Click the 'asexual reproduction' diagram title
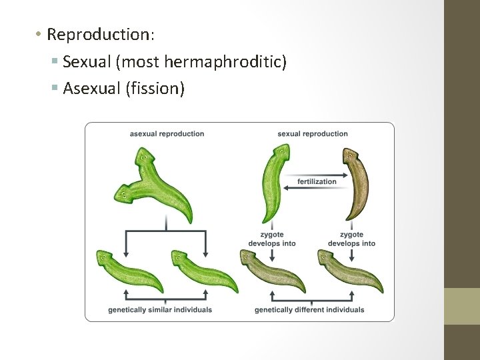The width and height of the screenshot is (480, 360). tap(167, 134)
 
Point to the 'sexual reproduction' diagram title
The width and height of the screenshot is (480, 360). tap(313, 134)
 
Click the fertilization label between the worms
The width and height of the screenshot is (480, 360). tap(317, 182)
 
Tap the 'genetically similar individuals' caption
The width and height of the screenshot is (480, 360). tap(160, 310)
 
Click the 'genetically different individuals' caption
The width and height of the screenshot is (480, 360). tap(309, 310)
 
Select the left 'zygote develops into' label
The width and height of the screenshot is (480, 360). tap(271, 239)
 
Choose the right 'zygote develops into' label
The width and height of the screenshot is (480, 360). tap(351, 239)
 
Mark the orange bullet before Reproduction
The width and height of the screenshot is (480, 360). tap(40, 34)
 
